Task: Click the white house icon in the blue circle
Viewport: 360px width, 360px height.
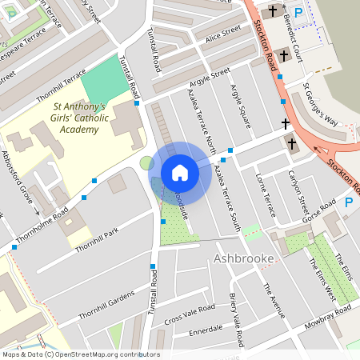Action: (x=180, y=173)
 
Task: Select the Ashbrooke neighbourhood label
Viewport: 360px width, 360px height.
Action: (x=244, y=258)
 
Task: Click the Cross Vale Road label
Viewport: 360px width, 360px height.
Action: (x=190, y=314)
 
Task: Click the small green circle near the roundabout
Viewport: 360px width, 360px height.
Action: (x=146, y=163)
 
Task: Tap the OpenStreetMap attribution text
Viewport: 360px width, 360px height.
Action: (x=80, y=354)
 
